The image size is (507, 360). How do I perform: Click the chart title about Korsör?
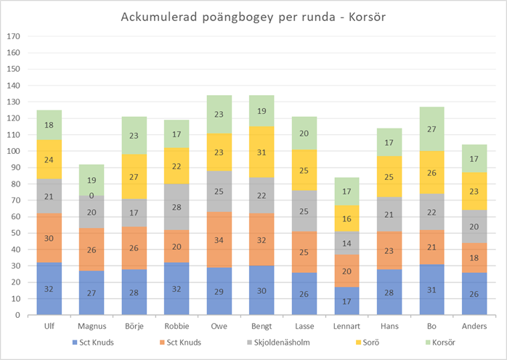tap(253, 17)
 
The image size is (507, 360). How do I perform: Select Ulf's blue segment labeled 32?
tap(49, 288)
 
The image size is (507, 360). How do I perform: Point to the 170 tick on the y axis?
tap(13, 36)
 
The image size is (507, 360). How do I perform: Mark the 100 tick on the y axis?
tap(13, 151)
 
